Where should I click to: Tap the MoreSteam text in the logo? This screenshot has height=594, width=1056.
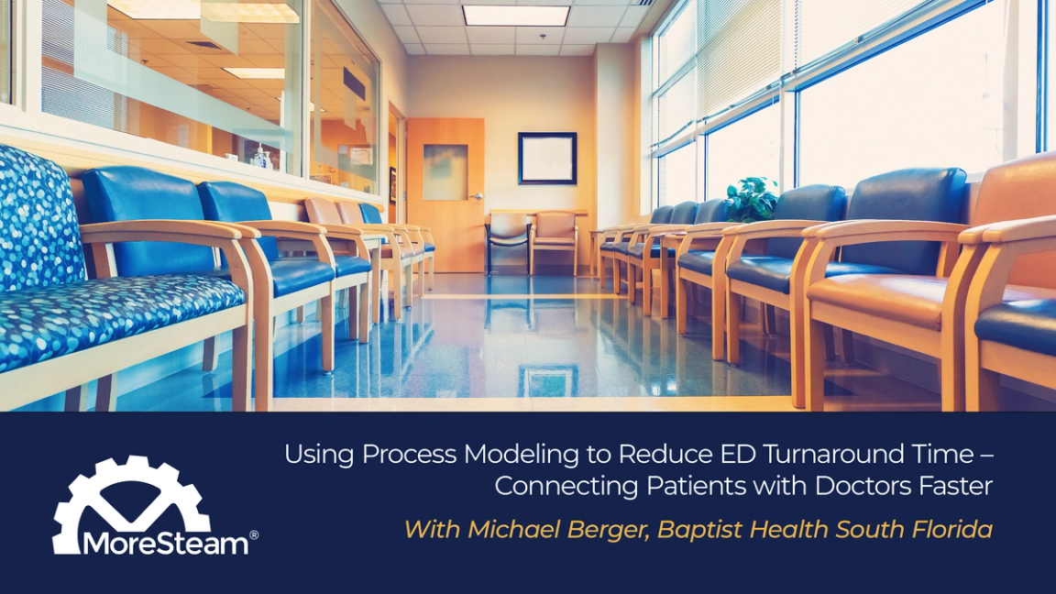[x=165, y=544]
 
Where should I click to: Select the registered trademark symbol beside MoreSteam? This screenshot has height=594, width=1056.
[x=254, y=534]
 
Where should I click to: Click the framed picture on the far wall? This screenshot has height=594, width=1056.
[x=547, y=159]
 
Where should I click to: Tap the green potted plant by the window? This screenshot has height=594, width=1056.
[x=751, y=198]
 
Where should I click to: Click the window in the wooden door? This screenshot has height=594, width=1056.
[x=445, y=171]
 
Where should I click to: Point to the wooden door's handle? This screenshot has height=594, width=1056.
[x=476, y=196]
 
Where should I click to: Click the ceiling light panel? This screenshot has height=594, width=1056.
[x=516, y=15]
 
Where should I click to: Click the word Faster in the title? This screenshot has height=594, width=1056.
[x=954, y=486]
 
